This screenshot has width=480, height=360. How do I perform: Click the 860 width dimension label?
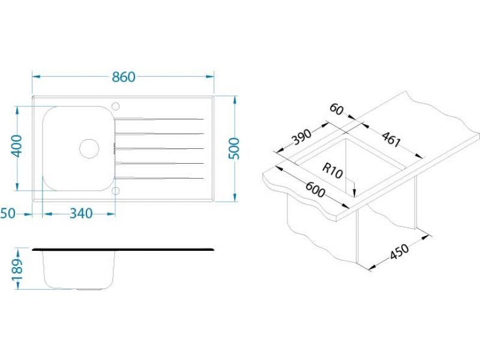click(x=123, y=77)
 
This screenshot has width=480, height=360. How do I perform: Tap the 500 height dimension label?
click(x=234, y=148)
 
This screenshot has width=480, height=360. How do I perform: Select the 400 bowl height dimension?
click(x=17, y=146)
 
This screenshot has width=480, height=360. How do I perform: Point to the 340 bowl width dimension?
click(x=81, y=214)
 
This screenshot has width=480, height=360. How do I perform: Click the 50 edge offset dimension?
click(x=8, y=214)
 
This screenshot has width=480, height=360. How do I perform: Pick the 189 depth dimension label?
click(x=17, y=269)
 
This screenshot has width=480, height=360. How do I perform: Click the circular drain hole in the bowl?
click(x=89, y=148)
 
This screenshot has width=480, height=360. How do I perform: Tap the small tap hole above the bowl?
click(x=115, y=106)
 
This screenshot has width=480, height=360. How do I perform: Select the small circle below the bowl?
click(x=115, y=191)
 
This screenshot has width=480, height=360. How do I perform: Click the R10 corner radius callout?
click(x=332, y=172)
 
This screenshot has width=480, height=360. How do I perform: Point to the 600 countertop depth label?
click(x=316, y=190)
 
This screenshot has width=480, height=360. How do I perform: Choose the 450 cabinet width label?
click(x=400, y=251)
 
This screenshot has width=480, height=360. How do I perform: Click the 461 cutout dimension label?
click(x=391, y=139)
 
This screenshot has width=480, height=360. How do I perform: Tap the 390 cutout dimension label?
click(x=301, y=137)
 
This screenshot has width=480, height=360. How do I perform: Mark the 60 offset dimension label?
click(x=337, y=109)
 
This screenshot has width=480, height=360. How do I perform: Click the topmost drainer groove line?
click(x=159, y=119)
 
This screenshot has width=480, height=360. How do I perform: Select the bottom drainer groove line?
click(x=159, y=178)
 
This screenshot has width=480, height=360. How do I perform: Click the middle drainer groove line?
click(x=159, y=148)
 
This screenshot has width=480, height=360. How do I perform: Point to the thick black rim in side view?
click(x=123, y=250)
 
